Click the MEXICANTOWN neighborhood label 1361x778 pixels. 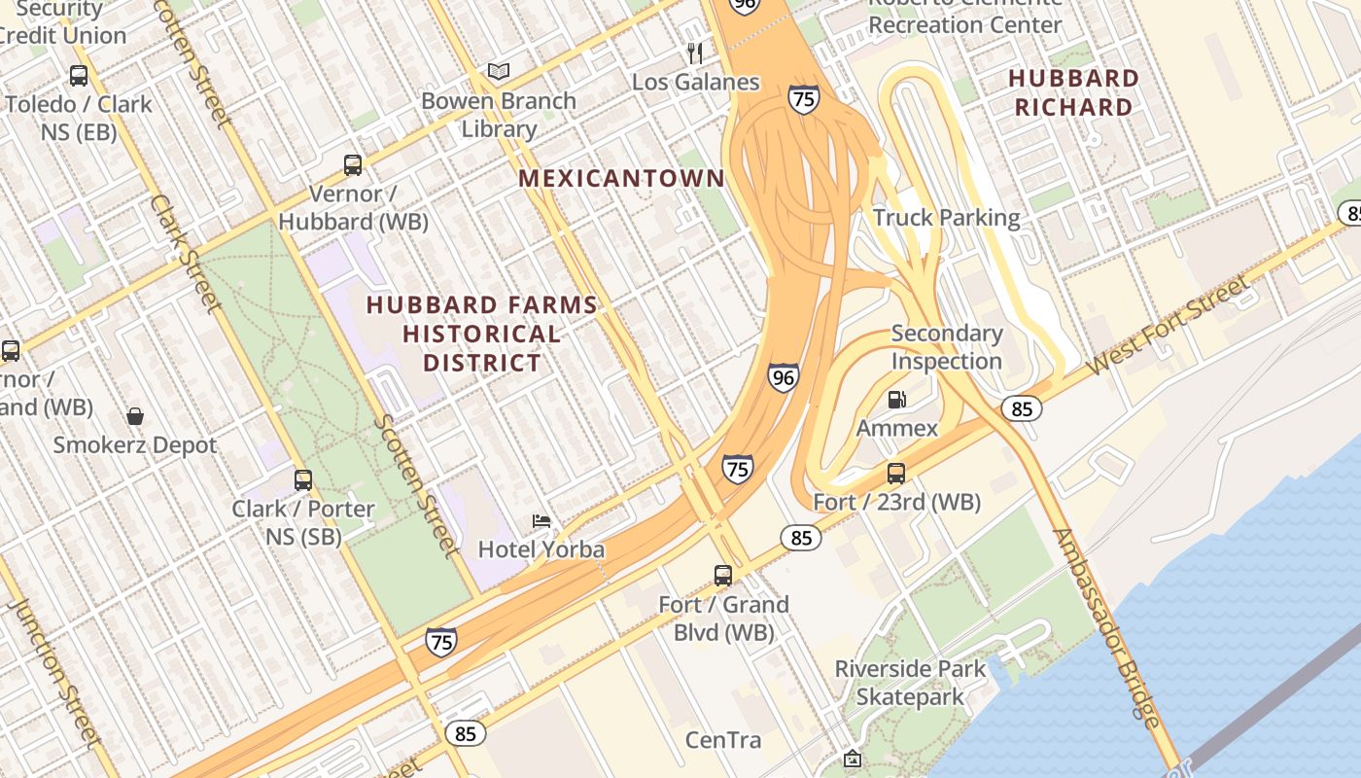coord(621,178)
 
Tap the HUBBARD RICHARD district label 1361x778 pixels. coord(1073,92)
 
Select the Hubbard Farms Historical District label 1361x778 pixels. coord(482,334)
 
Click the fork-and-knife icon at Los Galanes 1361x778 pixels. coord(694,53)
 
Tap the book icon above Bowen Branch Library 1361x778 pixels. coord(499,72)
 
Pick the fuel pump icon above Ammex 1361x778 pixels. coord(897,399)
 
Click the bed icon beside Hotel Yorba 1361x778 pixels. coord(541,522)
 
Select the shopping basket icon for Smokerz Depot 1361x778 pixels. coord(135,416)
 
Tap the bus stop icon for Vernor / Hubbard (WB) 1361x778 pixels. coord(353,165)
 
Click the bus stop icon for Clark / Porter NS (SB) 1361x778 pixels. coord(303,479)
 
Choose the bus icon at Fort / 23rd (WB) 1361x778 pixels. coord(896,474)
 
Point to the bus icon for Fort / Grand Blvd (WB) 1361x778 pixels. coord(723,575)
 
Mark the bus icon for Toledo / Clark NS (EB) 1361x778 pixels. coord(79,75)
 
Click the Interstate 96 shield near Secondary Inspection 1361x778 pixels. coord(783,377)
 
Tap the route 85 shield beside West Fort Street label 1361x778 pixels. coord(1021,408)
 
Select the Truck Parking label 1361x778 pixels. coord(946,217)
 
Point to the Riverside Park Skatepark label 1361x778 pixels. coord(911,683)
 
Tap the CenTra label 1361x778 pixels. coord(723,740)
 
